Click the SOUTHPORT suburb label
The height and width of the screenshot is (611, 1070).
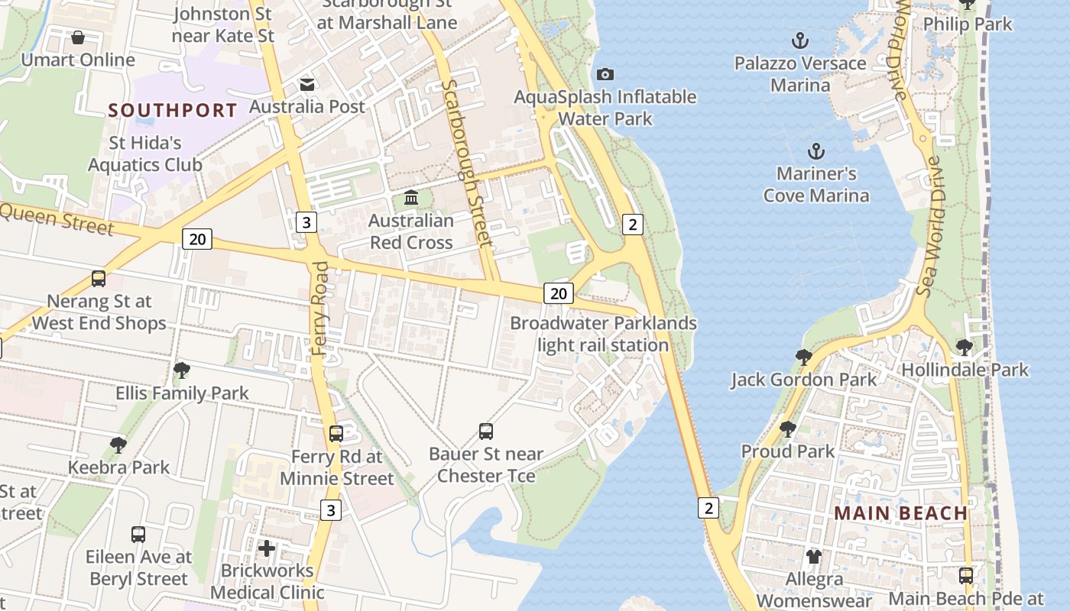[173, 110]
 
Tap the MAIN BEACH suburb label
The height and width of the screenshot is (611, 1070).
[900, 512]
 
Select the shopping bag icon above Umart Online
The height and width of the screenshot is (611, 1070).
[78, 37]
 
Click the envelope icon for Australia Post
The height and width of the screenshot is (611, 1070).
[307, 84]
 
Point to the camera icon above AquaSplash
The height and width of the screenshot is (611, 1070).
[605, 74]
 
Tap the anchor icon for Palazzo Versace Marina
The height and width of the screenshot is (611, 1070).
[800, 40]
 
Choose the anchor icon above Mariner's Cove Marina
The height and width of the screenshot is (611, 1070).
[816, 150]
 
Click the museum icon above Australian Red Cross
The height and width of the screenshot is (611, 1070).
[411, 198]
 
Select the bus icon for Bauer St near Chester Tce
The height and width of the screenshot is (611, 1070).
[486, 432]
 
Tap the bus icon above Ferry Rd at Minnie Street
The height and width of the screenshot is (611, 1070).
[336, 434]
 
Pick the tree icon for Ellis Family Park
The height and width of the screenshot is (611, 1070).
[182, 370]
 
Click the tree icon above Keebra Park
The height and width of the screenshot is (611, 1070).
[118, 445]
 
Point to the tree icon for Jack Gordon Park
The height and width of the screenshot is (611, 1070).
[803, 357]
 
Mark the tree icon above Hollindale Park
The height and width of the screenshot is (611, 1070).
[965, 348]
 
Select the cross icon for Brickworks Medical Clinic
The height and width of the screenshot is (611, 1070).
[267, 548]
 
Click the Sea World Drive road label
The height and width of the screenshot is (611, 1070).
[927, 226]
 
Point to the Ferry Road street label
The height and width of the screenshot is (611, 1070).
[320, 309]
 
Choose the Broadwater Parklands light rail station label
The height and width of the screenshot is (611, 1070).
[603, 334]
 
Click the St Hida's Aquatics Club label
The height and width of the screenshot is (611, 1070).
[145, 154]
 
